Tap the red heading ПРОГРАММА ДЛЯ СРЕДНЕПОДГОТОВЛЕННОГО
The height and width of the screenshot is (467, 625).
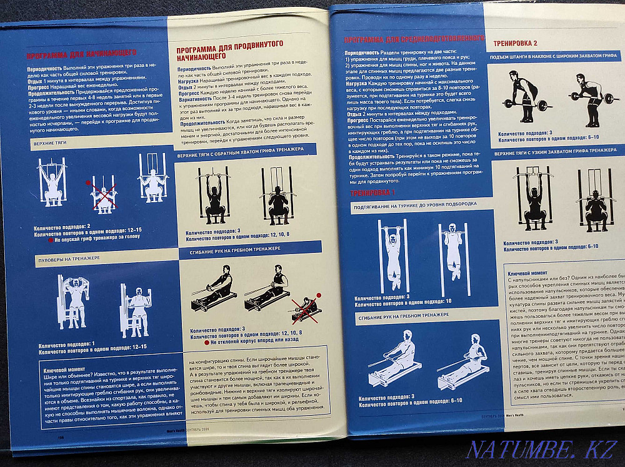pyautogui.click(x=414, y=39)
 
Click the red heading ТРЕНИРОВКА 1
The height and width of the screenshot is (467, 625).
pyautogui.click(x=374, y=194)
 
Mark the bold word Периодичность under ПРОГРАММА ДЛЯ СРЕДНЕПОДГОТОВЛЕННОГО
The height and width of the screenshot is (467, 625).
pyautogui.click(x=361, y=53)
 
